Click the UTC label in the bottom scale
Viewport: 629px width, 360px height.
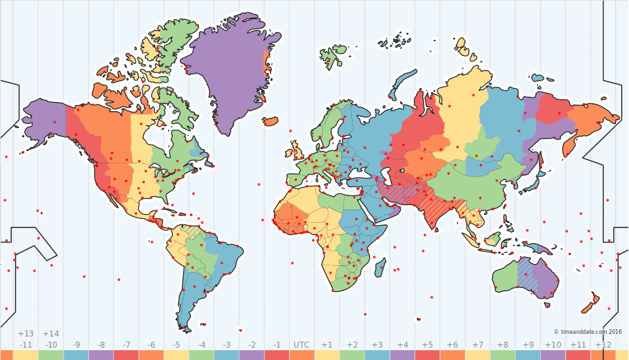tap(301, 345)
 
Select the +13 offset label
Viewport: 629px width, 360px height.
tap(25, 334)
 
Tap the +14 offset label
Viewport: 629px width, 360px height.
tap(50, 334)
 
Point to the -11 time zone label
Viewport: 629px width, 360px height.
tap(25, 345)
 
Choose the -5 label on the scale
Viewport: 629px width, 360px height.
tap(176, 345)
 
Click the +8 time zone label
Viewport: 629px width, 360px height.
tap(502, 345)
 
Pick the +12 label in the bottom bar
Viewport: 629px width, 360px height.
tap(603, 345)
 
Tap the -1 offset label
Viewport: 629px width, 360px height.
tap(277, 345)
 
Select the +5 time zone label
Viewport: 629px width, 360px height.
tap(427, 345)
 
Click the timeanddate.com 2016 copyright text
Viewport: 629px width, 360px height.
tap(588, 332)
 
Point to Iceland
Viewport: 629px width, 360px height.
tap(271, 122)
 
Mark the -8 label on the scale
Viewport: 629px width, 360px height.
tap(101, 345)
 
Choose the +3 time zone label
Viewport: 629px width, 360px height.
tap(377, 345)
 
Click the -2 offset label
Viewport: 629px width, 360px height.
tap(251, 345)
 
